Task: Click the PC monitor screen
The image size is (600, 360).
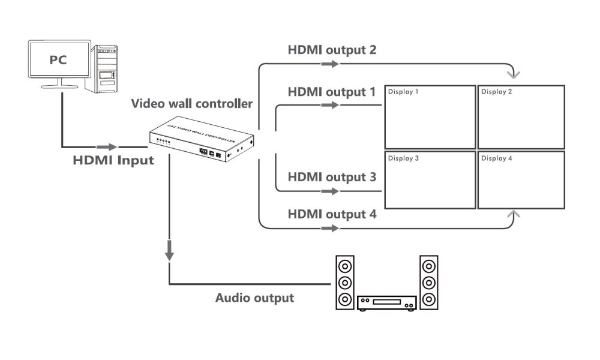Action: point(59,60)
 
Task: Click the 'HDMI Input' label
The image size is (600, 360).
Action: point(113,161)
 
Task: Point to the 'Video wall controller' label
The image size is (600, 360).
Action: point(192,104)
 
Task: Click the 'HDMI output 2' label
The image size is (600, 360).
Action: point(332,50)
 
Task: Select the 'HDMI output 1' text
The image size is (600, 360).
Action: point(332,92)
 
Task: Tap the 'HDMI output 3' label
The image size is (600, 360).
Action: point(332,178)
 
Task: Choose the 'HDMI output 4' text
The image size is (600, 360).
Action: point(332,214)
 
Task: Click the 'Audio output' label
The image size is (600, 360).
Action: point(255,298)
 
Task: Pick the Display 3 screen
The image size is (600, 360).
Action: point(430,180)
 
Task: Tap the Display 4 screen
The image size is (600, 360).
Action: point(521,180)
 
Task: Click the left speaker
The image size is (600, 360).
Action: point(344,283)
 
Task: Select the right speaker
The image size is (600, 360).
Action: point(428,283)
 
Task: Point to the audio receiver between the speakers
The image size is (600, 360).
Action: point(386,304)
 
